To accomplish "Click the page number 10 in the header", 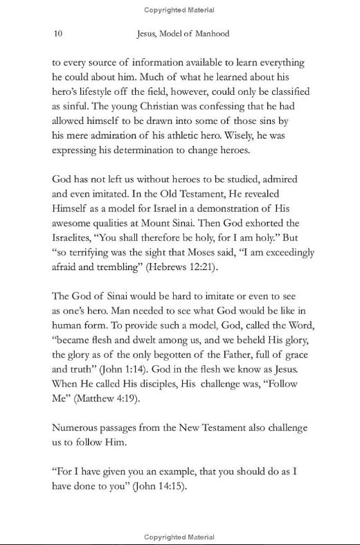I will (x=57, y=33).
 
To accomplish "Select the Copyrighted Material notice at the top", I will (x=179, y=10).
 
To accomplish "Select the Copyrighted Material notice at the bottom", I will (x=179, y=537).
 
